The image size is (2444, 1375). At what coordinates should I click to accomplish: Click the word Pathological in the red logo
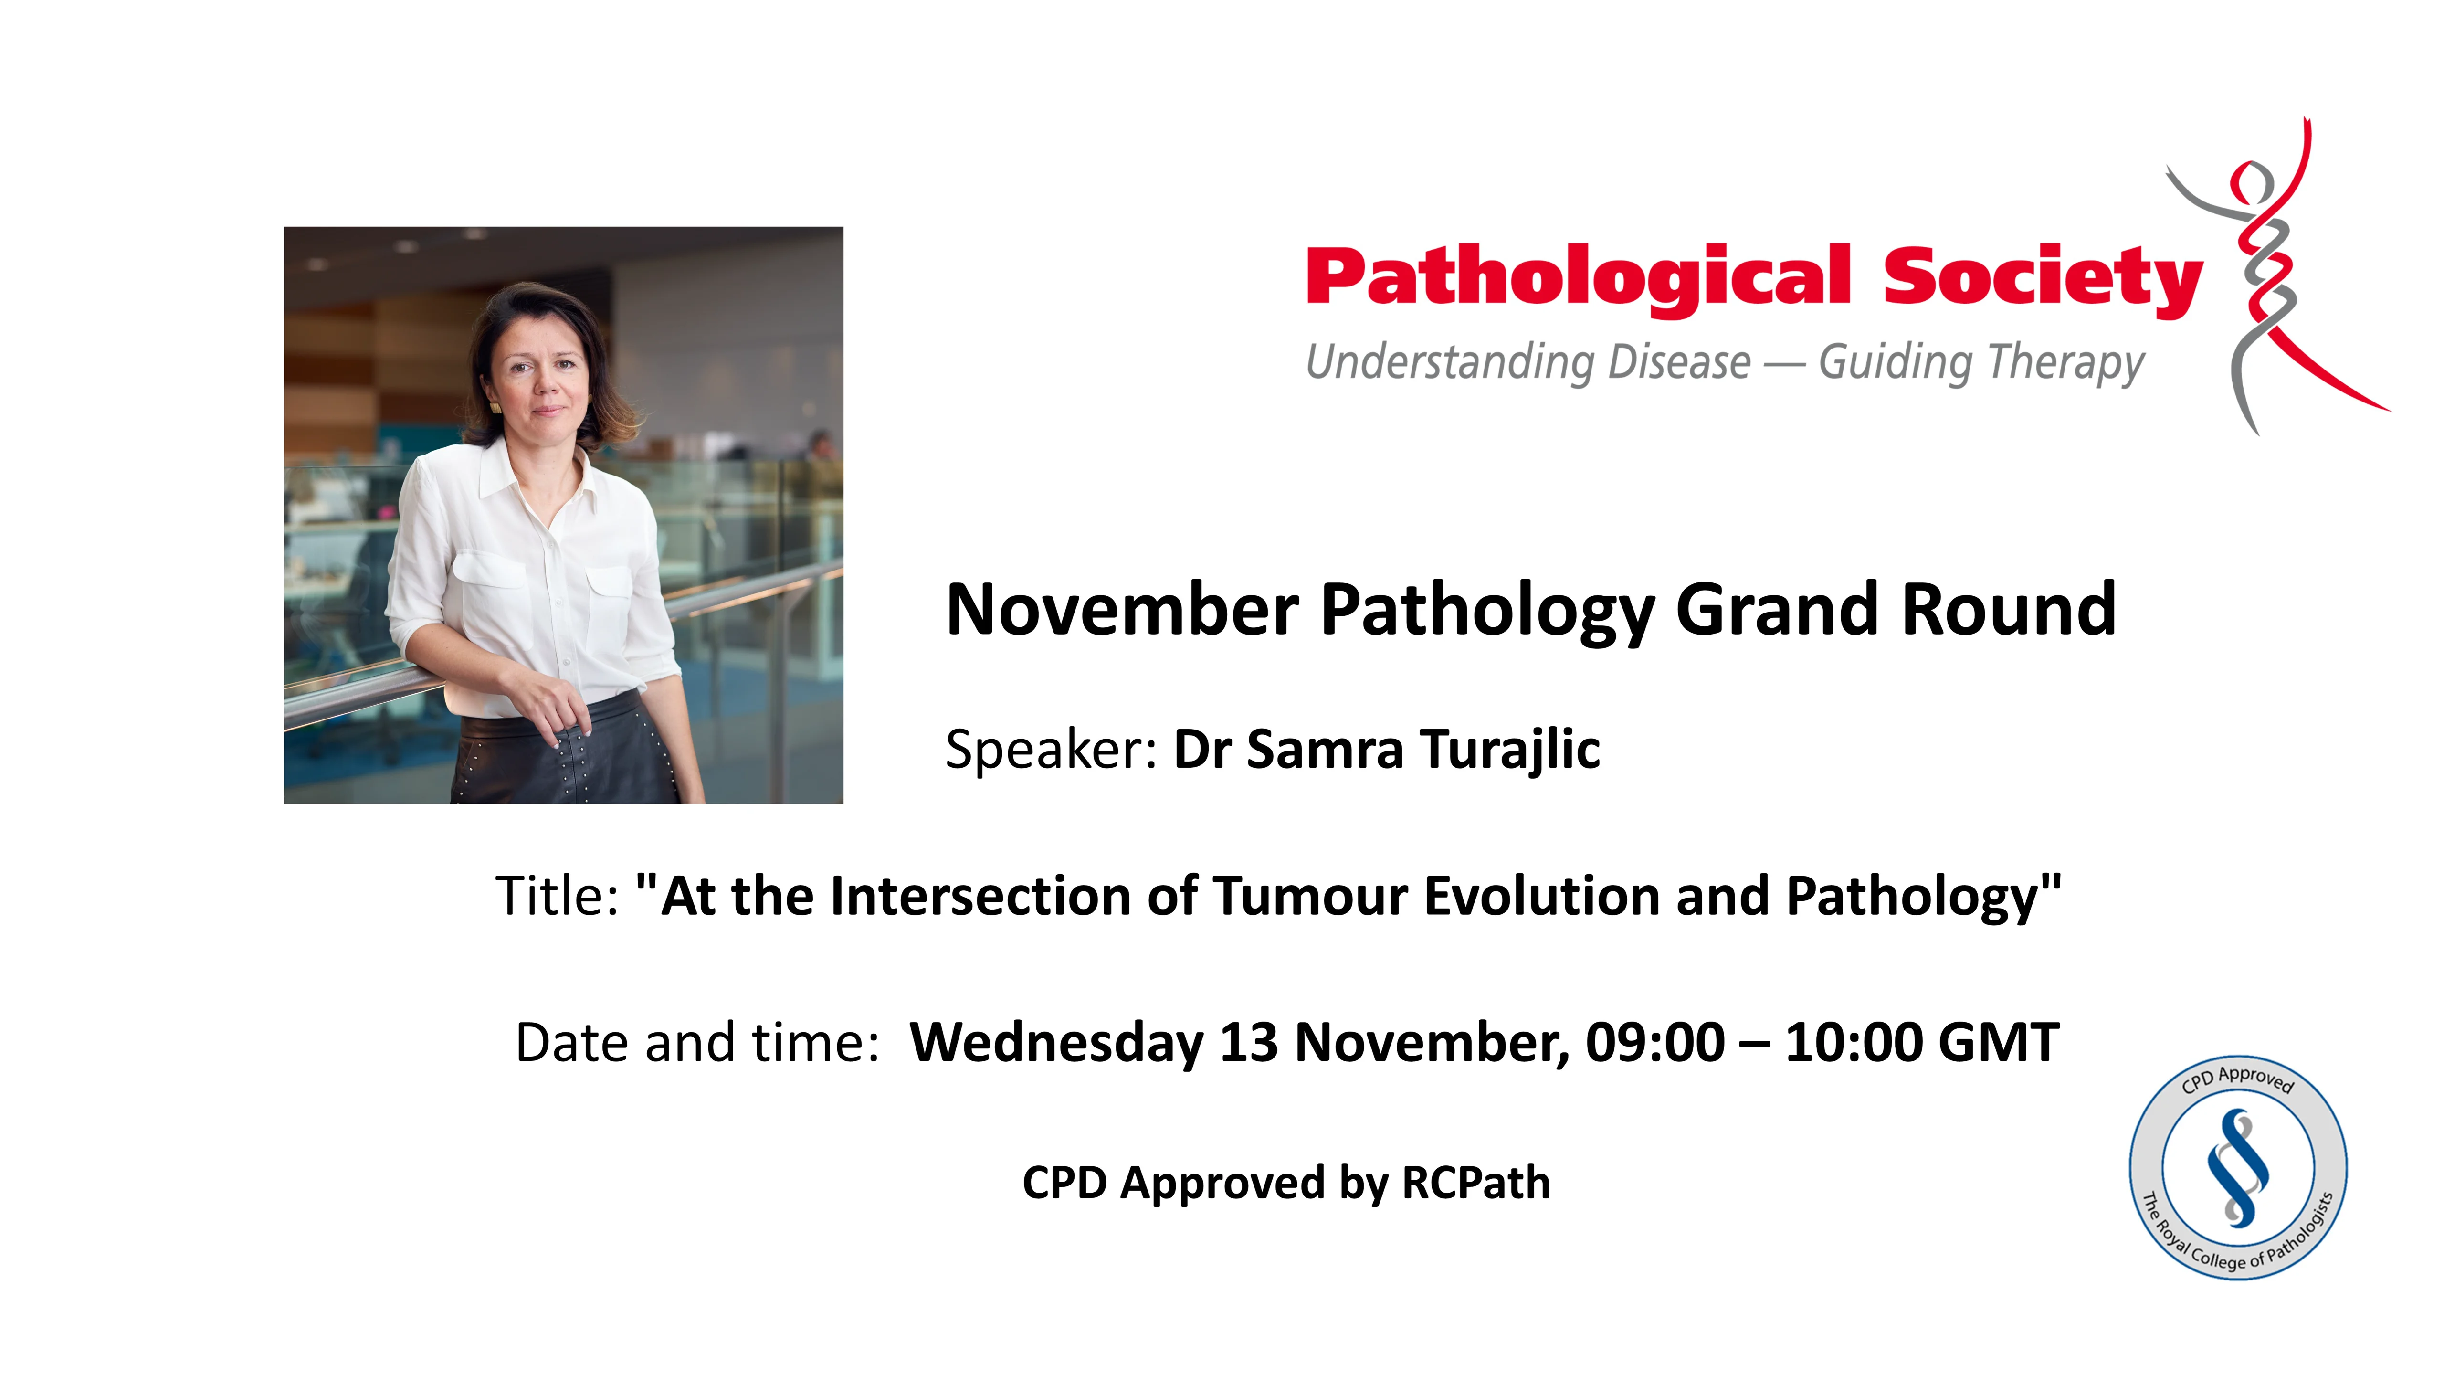(x=1577, y=277)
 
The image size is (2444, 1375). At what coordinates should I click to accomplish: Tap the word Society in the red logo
(x=2042, y=277)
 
